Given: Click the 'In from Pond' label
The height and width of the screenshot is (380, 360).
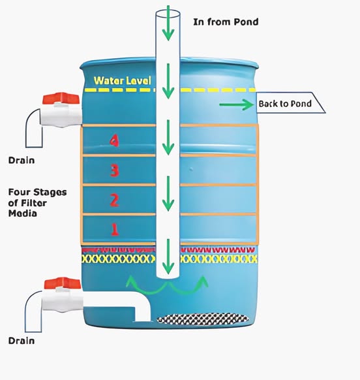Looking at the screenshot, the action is tap(226, 22).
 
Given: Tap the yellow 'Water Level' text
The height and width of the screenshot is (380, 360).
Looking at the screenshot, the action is tap(123, 81).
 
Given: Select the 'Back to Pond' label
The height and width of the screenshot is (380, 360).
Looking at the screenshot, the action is tap(285, 104).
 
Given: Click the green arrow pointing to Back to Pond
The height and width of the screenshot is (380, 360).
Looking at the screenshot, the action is tap(236, 104).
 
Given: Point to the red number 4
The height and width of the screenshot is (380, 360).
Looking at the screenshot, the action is tap(114, 141).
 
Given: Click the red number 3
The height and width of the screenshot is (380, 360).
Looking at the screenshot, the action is tap(115, 170).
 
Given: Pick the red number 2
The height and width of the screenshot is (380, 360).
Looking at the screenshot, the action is tap(115, 200).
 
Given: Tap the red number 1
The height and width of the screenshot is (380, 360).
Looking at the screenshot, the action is tap(115, 230).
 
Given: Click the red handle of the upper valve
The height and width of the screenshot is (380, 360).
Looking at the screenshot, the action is tap(61, 99).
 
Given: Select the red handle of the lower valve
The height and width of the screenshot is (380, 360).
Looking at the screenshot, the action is tap(63, 283).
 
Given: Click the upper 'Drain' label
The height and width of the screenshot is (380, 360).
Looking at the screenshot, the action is tap(22, 161).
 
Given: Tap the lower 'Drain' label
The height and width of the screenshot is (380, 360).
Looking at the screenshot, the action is tap(22, 341).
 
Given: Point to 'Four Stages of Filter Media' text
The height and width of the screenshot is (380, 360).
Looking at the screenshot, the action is tap(37, 203).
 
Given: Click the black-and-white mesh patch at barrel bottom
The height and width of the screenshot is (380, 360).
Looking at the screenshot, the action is tap(203, 319).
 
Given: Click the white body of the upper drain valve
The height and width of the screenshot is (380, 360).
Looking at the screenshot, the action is tap(61, 116).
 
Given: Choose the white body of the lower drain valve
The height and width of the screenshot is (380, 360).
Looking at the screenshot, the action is tap(63, 300).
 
